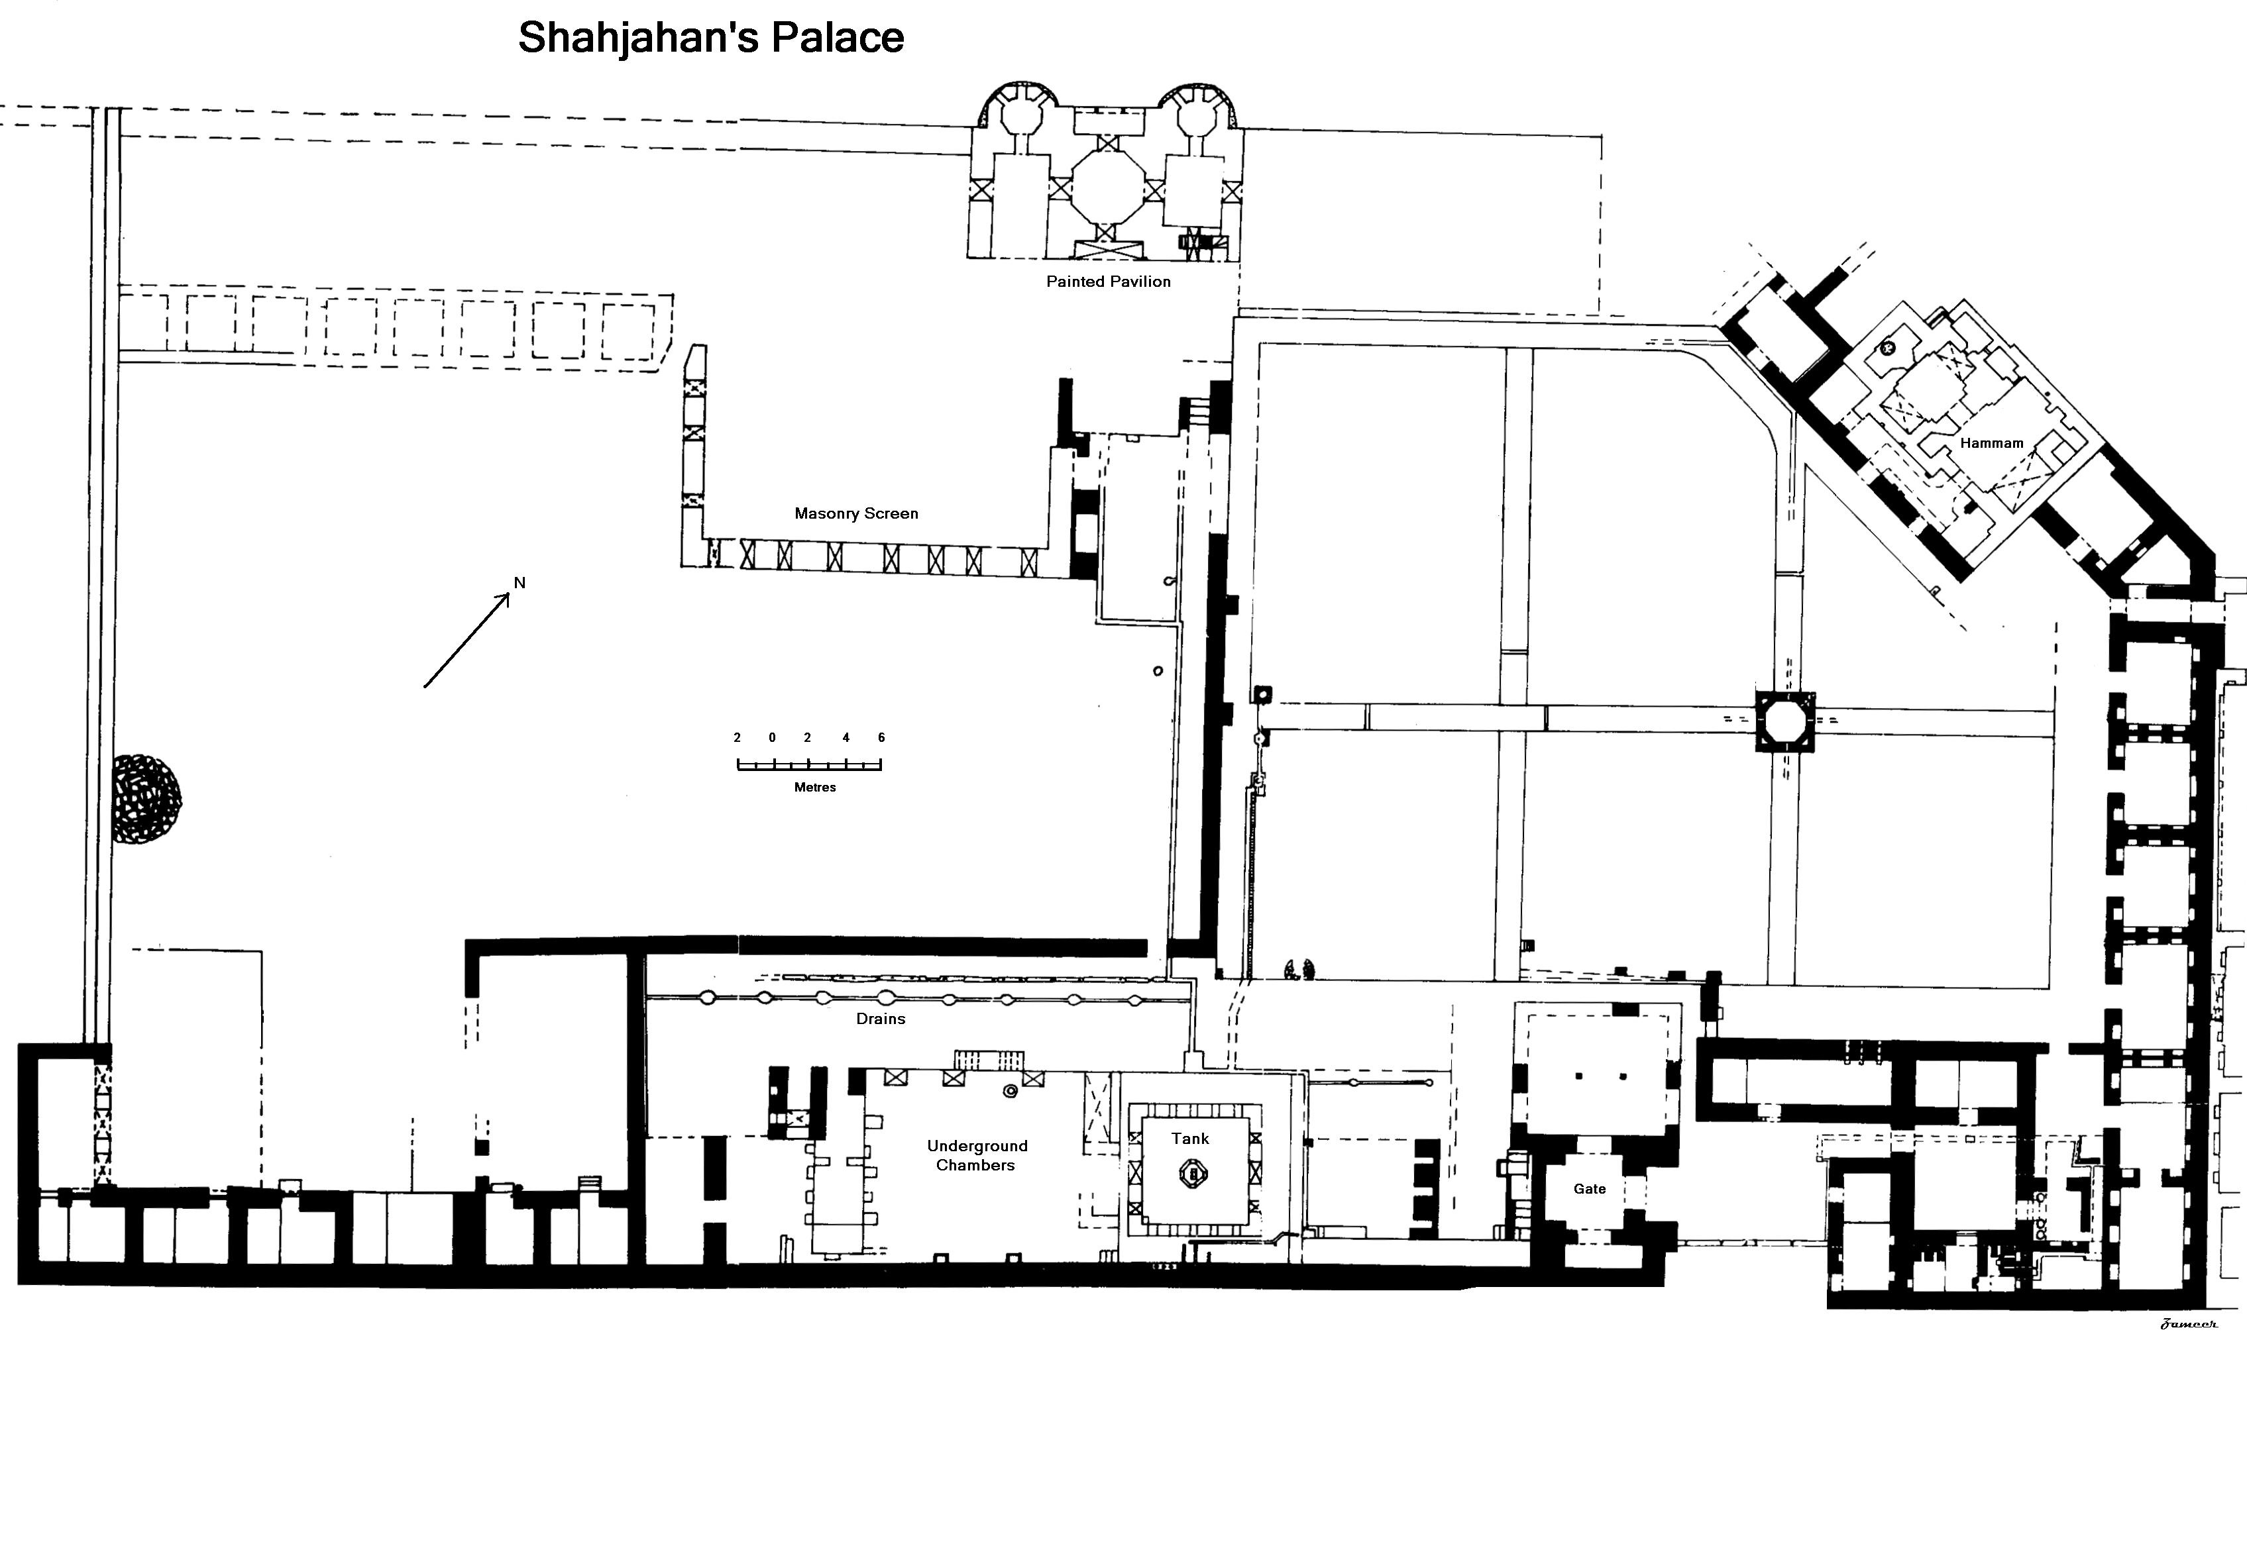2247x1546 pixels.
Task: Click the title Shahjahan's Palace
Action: pyautogui.click(x=711, y=38)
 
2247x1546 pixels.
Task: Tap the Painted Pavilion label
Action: pyautogui.click(x=1109, y=282)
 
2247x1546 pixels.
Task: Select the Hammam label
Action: pyautogui.click(x=1991, y=442)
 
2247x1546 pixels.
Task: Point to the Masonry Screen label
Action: pyautogui.click(x=857, y=513)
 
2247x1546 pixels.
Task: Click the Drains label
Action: pyautogui.click(x=881, y=1019)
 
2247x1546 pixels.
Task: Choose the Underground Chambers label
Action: pyautogui.click(x=977, y=1156)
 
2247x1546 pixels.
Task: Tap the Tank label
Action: pyautogui.click(x=1191, y=1138)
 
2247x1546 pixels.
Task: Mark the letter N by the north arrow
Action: pyautogui.click(x=520, y=582)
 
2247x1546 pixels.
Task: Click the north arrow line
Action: pyautogui.click(x=467, y=641)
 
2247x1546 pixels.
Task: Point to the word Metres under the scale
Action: pyautogui.click(x=815, y=788)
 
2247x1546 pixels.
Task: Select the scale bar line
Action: pyautogui.click(x=809, y=765)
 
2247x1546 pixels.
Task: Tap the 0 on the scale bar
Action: pyautogui.click(x=772, y=737)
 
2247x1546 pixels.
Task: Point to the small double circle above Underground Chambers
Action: pyautogui.click(x=1011, y=1092)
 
